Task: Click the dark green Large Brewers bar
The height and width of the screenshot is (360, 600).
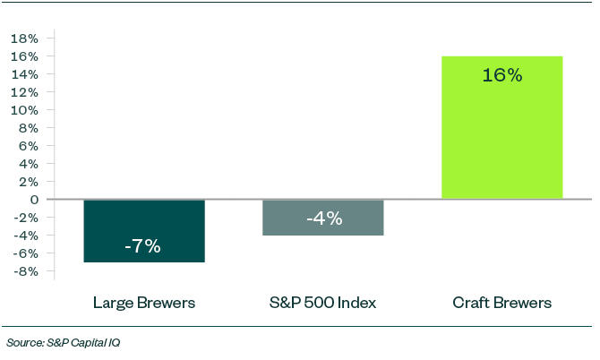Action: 144,230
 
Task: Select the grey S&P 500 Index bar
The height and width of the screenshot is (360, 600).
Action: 323,218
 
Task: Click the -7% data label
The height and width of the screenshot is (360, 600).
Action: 144,245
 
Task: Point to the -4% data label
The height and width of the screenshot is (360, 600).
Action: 323,219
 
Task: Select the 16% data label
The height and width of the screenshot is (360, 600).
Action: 501,75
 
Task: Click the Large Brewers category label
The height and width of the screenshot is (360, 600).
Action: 144,303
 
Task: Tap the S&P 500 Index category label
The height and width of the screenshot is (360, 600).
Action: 323,303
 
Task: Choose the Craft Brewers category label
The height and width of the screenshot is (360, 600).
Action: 501,303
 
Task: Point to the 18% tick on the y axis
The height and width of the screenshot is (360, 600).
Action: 24,39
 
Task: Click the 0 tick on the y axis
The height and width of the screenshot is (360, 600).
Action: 32,200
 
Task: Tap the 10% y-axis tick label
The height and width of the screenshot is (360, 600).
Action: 24,110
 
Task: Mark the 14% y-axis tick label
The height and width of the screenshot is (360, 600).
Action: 24,74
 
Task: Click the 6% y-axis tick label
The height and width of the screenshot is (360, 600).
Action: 27,146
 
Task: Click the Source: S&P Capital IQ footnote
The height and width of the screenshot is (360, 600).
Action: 63,343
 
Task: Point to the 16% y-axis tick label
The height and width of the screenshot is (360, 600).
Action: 24,56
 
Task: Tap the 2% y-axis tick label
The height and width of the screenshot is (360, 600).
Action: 27,182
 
